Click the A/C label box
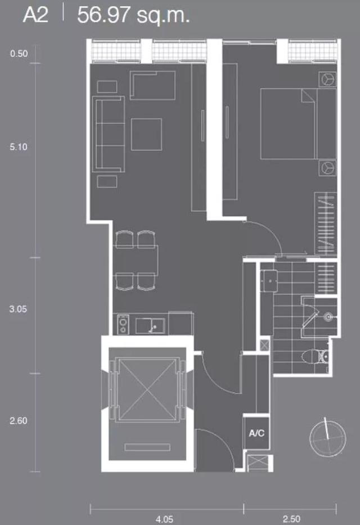point(256,433)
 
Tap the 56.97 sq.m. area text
point(133,15)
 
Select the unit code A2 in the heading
point(35,15)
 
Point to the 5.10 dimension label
point(19,147)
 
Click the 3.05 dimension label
point(18,309)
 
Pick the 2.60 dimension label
point(19,420)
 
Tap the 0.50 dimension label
point(19,53)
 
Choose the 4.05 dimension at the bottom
point(165,519)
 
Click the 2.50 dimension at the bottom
point(291,519)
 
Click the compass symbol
point(327,437)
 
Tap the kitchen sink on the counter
point(150,326)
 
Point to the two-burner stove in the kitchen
point(123,325)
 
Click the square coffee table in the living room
point(147,134)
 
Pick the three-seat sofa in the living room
point(109,134)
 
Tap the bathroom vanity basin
point(269,281)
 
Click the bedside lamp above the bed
point(327,79)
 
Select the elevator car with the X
point(147,389)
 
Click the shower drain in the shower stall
point(328,317)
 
